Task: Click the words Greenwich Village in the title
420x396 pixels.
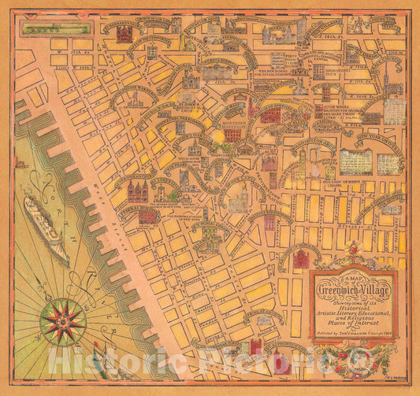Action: pyautogui.click(x=355, y=287)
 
